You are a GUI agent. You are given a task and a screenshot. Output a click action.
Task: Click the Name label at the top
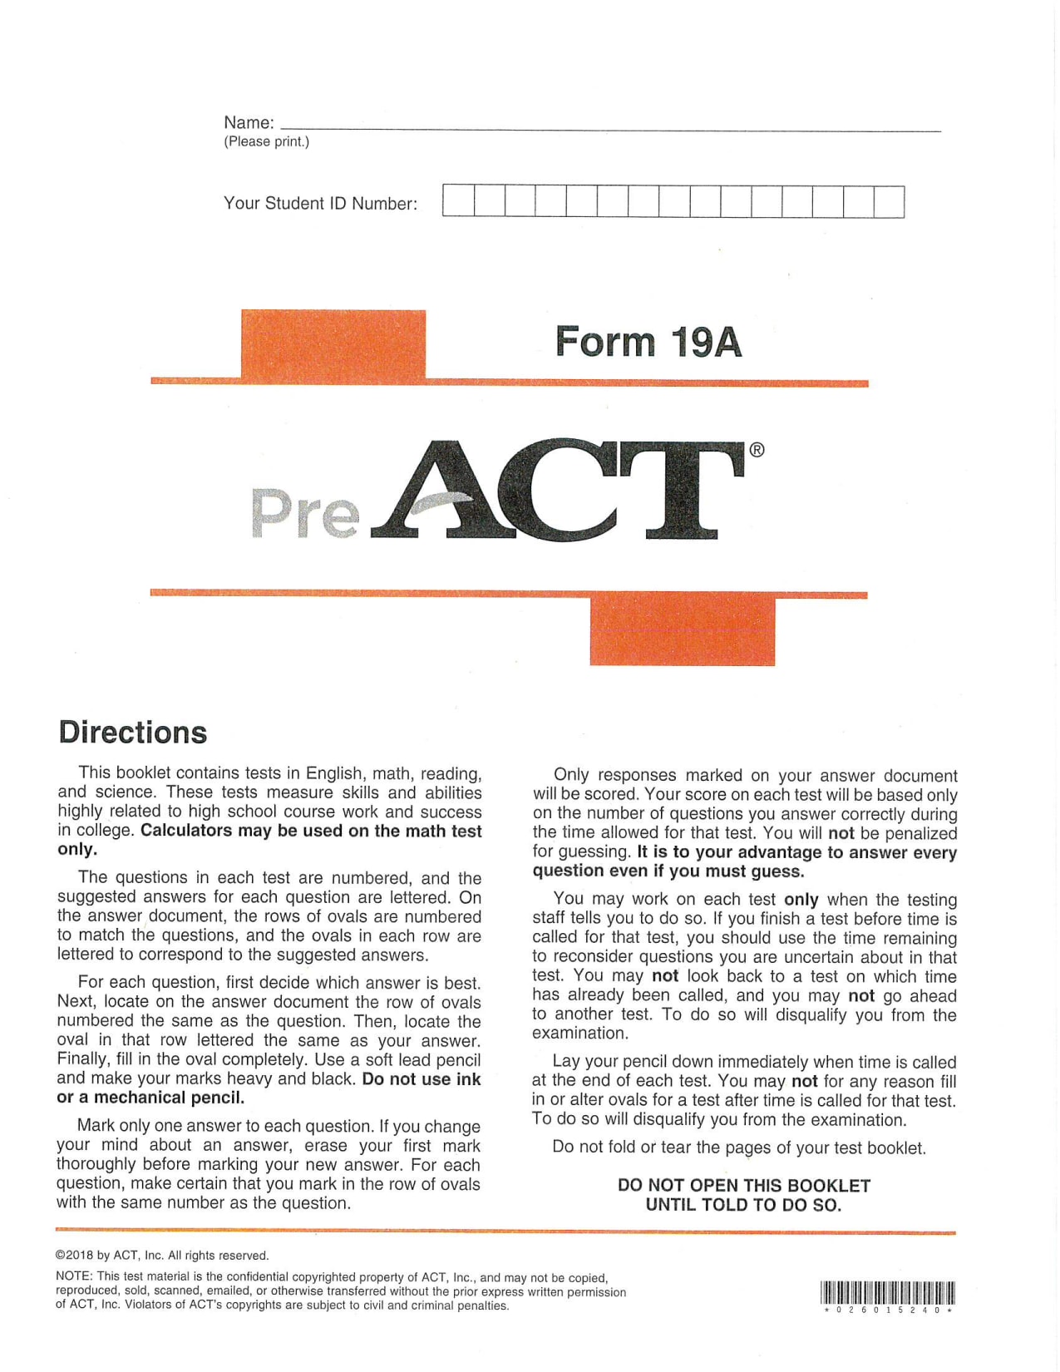point(249,123)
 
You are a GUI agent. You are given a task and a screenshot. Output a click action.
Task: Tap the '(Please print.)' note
point(266,141)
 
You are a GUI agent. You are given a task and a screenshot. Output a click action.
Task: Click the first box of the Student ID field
point(458,202)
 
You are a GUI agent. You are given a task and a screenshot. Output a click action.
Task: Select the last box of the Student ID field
point(889,202)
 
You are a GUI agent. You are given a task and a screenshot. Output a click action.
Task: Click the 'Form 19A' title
point(648,342)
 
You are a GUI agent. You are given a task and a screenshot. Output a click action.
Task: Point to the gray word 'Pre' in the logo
point(305,513)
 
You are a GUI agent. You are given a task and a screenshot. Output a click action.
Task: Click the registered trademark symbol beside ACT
point(757,450)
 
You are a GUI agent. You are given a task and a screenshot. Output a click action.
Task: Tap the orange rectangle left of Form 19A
point(333,343)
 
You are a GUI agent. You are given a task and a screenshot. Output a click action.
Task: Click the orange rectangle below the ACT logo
point(682,631)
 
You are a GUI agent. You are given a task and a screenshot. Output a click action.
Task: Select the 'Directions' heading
point(133,733)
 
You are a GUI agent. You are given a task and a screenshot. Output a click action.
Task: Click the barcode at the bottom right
point(887,1292)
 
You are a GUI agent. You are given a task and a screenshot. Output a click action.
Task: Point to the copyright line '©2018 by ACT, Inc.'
point(162,1256)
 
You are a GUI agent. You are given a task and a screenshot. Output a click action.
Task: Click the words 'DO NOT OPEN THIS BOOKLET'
point(744,1186)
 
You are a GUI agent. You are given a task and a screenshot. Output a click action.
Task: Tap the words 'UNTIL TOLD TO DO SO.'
point(743,1205)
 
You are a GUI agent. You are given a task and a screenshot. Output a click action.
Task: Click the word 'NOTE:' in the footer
point(74,1276)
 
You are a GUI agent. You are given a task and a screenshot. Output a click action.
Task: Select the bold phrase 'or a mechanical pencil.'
point(150,1098)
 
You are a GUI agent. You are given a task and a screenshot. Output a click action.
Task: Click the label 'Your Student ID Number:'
point(320,204)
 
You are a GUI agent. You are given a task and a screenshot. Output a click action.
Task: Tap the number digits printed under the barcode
point(887,1310)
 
